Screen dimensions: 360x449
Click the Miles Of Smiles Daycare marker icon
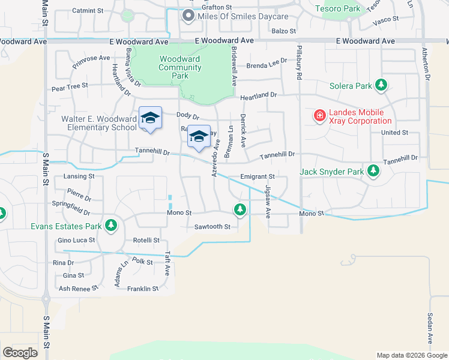(188, 16)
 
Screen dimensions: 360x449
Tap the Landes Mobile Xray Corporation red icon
(319, 114)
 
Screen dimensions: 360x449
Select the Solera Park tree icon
(381, 85)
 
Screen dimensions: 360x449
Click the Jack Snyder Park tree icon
(373, 172)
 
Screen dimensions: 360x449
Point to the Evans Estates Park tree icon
(110, 226)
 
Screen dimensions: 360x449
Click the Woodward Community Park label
(180, 67)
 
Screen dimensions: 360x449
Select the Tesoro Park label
(341, 9)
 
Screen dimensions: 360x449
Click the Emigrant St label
(257, 177)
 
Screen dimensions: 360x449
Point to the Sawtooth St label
(212, 227)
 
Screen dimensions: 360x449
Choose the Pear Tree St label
(70, 86)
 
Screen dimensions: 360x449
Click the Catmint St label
(88, 11)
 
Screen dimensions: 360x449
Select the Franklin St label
(142, 289)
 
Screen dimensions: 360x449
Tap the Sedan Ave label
(430, 324)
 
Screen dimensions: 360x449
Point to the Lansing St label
(79, 177)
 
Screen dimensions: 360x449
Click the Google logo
(20, 353)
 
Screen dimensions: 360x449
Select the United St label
(394, 133)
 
